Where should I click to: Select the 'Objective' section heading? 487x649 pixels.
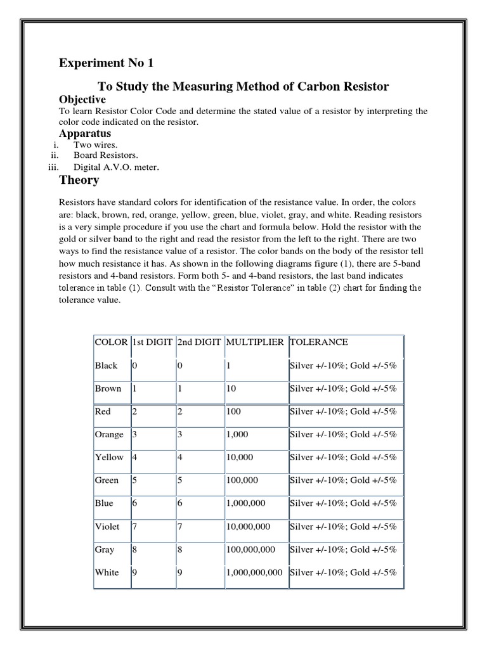[x=82, y=100]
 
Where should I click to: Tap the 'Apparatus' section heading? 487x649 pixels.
[x=85, y=134]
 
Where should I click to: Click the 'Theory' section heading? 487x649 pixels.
[x=79, y=180]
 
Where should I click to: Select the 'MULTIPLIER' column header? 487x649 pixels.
[x=255, y=342]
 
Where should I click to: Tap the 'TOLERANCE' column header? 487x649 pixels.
[x=319, y=342]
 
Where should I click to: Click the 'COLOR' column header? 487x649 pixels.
[x=111, y=342]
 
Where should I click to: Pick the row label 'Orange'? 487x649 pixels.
[x=109, y=435]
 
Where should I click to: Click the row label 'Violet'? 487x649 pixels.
[x=107, y=527]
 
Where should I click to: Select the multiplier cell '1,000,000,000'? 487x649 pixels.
[x=256, y=573]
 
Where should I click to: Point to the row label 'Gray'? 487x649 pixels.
[x=105, y=549]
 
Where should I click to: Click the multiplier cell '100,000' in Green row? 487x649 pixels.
[x=244, y=480]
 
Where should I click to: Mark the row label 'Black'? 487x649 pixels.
[x=106, y=366]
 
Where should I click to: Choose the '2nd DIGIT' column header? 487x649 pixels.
[x=199, y=342]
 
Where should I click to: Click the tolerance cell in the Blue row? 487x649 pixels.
[x=343, y=503]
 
